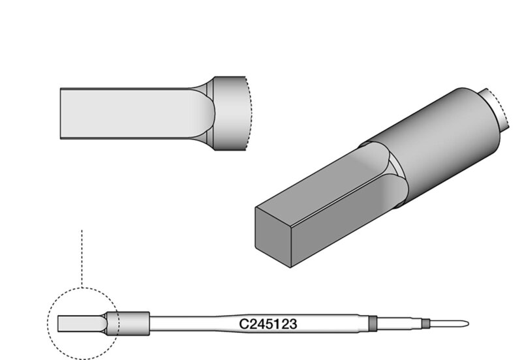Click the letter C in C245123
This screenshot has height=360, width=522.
pyautogui.click(x=243, y=323)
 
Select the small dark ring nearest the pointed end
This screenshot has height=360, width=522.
pyautogui.click(x=425, y=323)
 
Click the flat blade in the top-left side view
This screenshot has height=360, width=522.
pyautogui.click(x=124, y=113)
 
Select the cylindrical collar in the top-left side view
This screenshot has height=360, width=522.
pyautogui.click(x=230, y=113)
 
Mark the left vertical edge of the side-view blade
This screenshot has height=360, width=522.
pyautogui.click(x=60, y=113)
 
